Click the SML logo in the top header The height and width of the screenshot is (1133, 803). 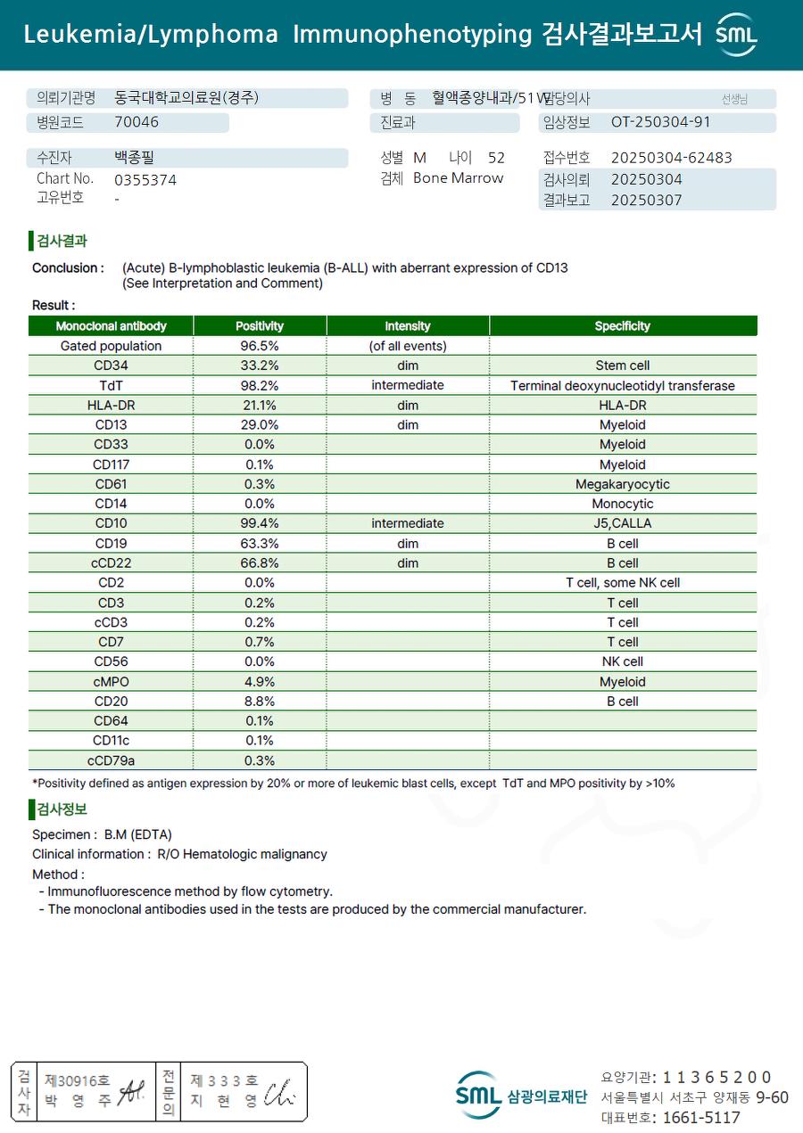coord(737,35)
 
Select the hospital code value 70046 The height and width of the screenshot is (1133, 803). coord(137,122)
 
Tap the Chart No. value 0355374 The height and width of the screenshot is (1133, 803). coord(145,180)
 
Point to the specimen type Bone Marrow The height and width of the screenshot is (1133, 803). coord(458,178)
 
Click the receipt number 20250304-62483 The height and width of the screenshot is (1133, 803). coord(671,158)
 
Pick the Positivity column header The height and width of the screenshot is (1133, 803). coord(260,326)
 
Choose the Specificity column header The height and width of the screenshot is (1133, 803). coord(622,326)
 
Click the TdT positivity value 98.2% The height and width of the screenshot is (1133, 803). coord(260,386)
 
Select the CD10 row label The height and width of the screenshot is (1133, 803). coord(112,523)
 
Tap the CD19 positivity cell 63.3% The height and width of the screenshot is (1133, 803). coord(260,544)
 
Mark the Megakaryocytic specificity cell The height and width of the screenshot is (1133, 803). coord(622,484)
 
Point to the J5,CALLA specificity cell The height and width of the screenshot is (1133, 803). coord(622,523)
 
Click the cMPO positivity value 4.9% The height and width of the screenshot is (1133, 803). coord(260,682)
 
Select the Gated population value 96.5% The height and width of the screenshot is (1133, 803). coord(260,346)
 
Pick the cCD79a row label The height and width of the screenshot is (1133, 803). coord(112,760)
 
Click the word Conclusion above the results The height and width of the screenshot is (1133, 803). coord(66,268)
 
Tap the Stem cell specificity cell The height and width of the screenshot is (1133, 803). coord(622,365)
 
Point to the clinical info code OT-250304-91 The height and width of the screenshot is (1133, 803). coord(660,122)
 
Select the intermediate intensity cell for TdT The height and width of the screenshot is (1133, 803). coord(408,386)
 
